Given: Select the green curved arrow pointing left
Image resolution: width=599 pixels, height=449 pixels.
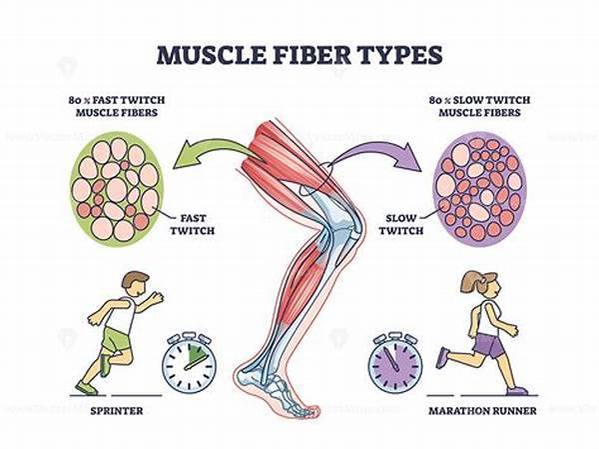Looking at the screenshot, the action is point(214,153).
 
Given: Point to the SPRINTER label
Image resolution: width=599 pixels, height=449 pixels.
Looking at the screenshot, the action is point(117,411).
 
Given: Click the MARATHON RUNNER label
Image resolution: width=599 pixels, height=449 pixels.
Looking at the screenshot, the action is point(482,411).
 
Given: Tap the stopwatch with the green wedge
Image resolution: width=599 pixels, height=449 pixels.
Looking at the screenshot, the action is point(189,361).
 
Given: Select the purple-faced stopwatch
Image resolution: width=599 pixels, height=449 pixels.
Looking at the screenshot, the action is point(395,362).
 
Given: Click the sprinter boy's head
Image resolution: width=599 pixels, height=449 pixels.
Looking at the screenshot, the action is point(135,284).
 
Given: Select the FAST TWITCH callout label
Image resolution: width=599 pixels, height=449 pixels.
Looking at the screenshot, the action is point(193,224).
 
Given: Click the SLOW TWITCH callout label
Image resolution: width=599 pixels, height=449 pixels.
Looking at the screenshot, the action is point(400,224).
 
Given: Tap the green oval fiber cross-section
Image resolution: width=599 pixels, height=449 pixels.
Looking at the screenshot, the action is point(117,189).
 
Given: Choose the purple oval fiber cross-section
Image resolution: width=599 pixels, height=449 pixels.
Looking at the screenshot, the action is point(480,189).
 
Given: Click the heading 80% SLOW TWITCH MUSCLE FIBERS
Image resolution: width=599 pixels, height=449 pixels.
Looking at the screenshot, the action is point(479,106).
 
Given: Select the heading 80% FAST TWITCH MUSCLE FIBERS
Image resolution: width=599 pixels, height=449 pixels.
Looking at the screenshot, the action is point(117,106).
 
